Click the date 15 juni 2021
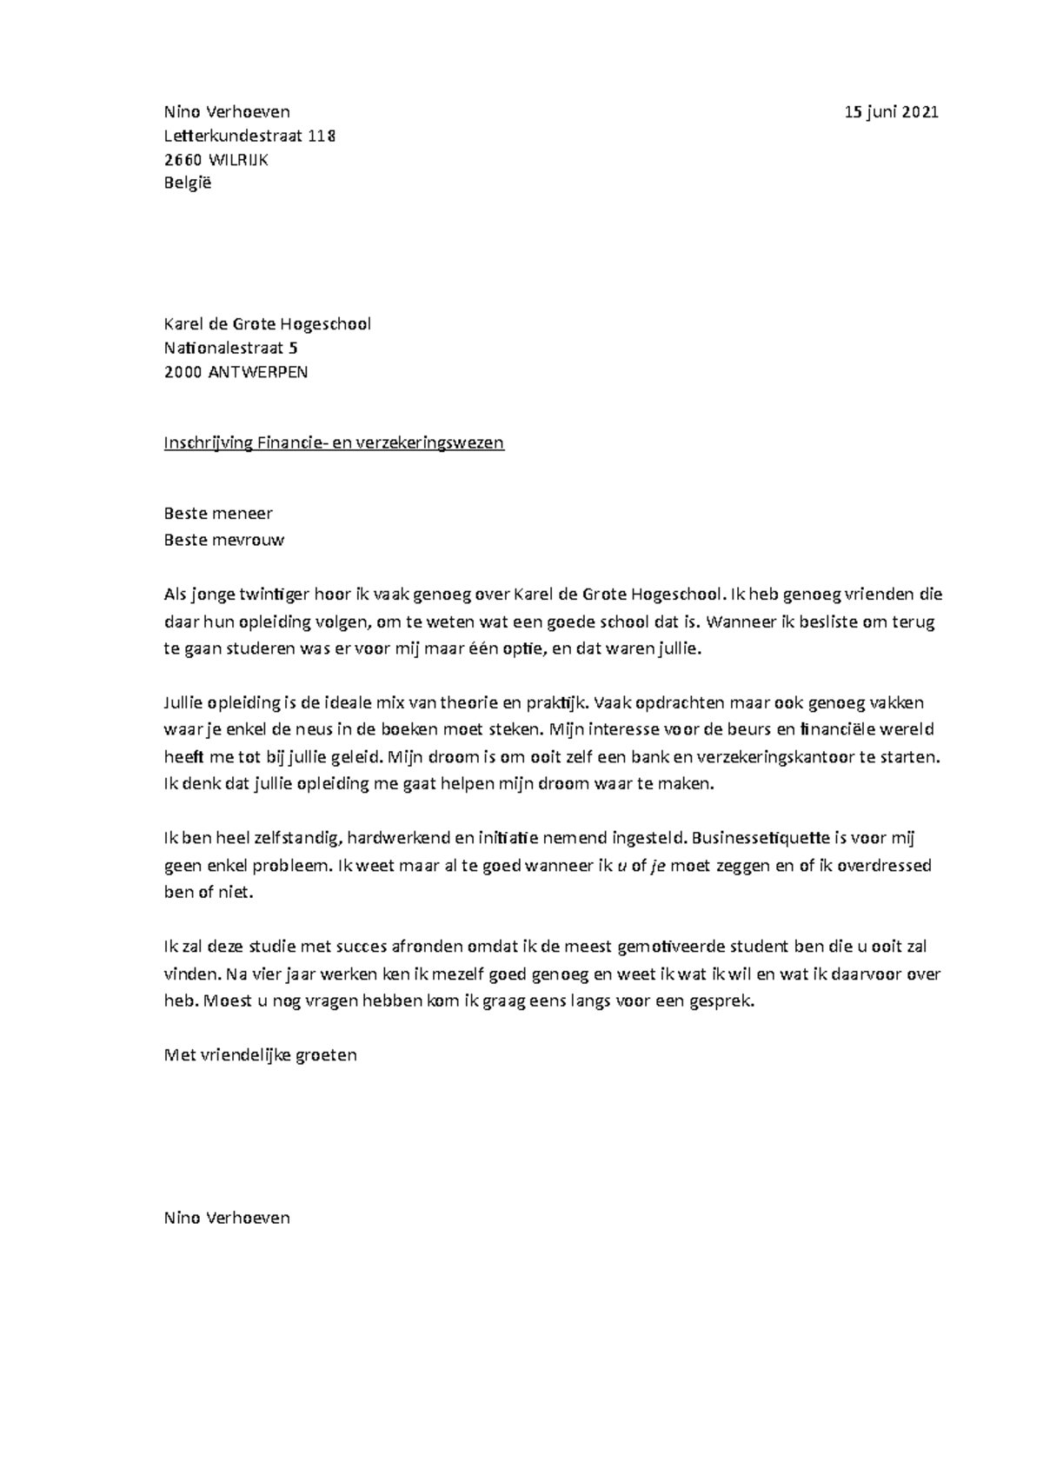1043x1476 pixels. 892,112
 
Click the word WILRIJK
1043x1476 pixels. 237,159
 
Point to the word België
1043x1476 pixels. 188,183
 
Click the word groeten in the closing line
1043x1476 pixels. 327,1055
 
